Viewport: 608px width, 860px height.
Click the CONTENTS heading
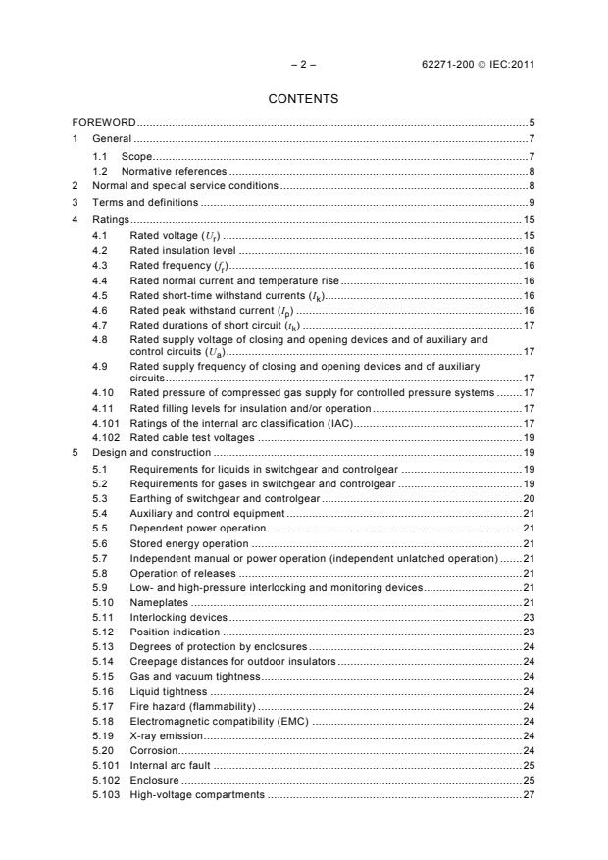tap(303, 99)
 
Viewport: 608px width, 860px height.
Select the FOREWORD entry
tap(104, 123)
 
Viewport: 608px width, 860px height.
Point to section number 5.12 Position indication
tap(102, 632)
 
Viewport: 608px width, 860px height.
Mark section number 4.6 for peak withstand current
tap(99, 309)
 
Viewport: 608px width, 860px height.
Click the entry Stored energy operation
tap(188, 542)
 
